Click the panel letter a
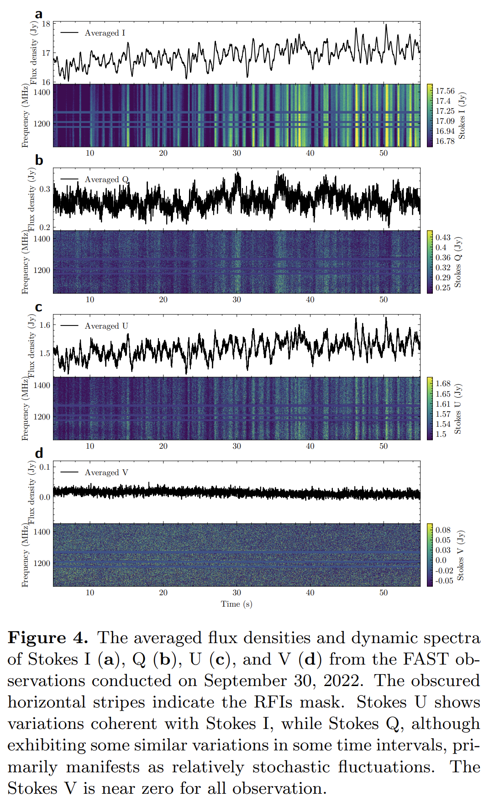click(x=39, y=14)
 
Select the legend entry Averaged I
click(x=105, y=33)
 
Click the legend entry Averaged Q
click(x=106, y=179)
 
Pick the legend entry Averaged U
click(x=106, y=326)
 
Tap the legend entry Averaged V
click(x=106, y=472)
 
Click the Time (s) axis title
click(x=237, y=604)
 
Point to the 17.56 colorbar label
click(x=445, y=91)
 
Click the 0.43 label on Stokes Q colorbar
click(x=443, y=237)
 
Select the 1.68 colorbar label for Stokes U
click(x=443, y=383)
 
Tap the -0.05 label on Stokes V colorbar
click(x=444, y=581)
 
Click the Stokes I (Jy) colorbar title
click(x=462, y=115)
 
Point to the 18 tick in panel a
click(x=46, y=24)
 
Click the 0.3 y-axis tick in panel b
click(x=45, y=189)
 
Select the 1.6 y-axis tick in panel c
click(x=45, y=325)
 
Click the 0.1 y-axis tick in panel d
click(x=45, y=467)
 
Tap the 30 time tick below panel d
click(x=237, y=592)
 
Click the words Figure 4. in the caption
click(x=47, y=638)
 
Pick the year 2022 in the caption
click(x=343, y=681)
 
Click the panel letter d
click(x=39, y=453)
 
